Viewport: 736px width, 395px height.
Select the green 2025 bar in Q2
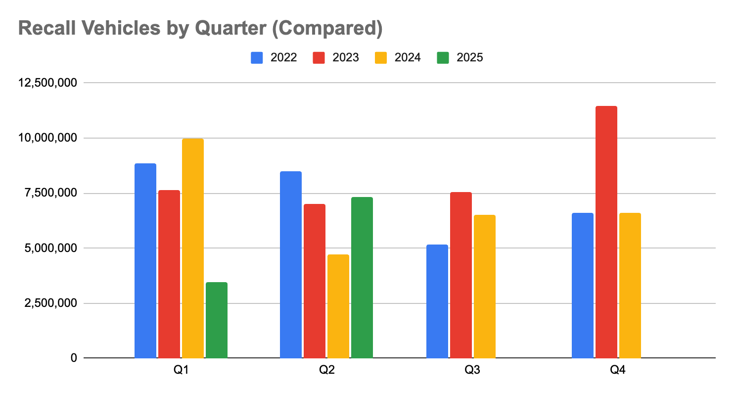pos(362,278)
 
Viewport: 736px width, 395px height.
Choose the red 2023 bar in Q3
pos(461,275)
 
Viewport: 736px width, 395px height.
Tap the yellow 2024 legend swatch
pos(380,57)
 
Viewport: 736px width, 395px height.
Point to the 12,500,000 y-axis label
pos(48,83)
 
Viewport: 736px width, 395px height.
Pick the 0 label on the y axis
pos(74,358)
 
